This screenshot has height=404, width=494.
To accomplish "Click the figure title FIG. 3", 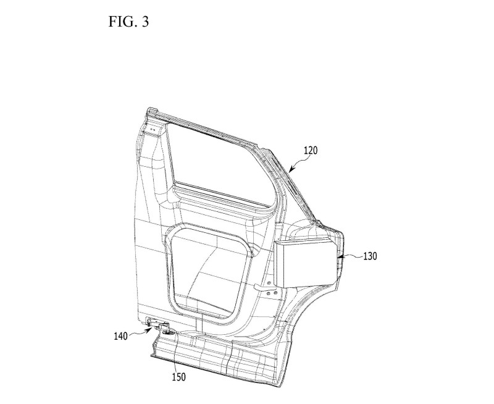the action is [x=128, y=22].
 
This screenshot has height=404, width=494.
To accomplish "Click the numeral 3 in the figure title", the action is [x=145, y=22].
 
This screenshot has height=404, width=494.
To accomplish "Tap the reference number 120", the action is [x=311, y=150].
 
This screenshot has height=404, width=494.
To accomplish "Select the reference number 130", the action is [x=370, y=256].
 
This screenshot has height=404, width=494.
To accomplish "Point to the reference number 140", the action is [x=120, y=336].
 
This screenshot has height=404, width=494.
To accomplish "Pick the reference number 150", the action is [x=178, y=377].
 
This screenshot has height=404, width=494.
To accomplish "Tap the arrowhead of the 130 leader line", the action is [x=340, y=257].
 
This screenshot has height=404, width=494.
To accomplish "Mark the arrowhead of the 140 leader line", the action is [x=149, y=330].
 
